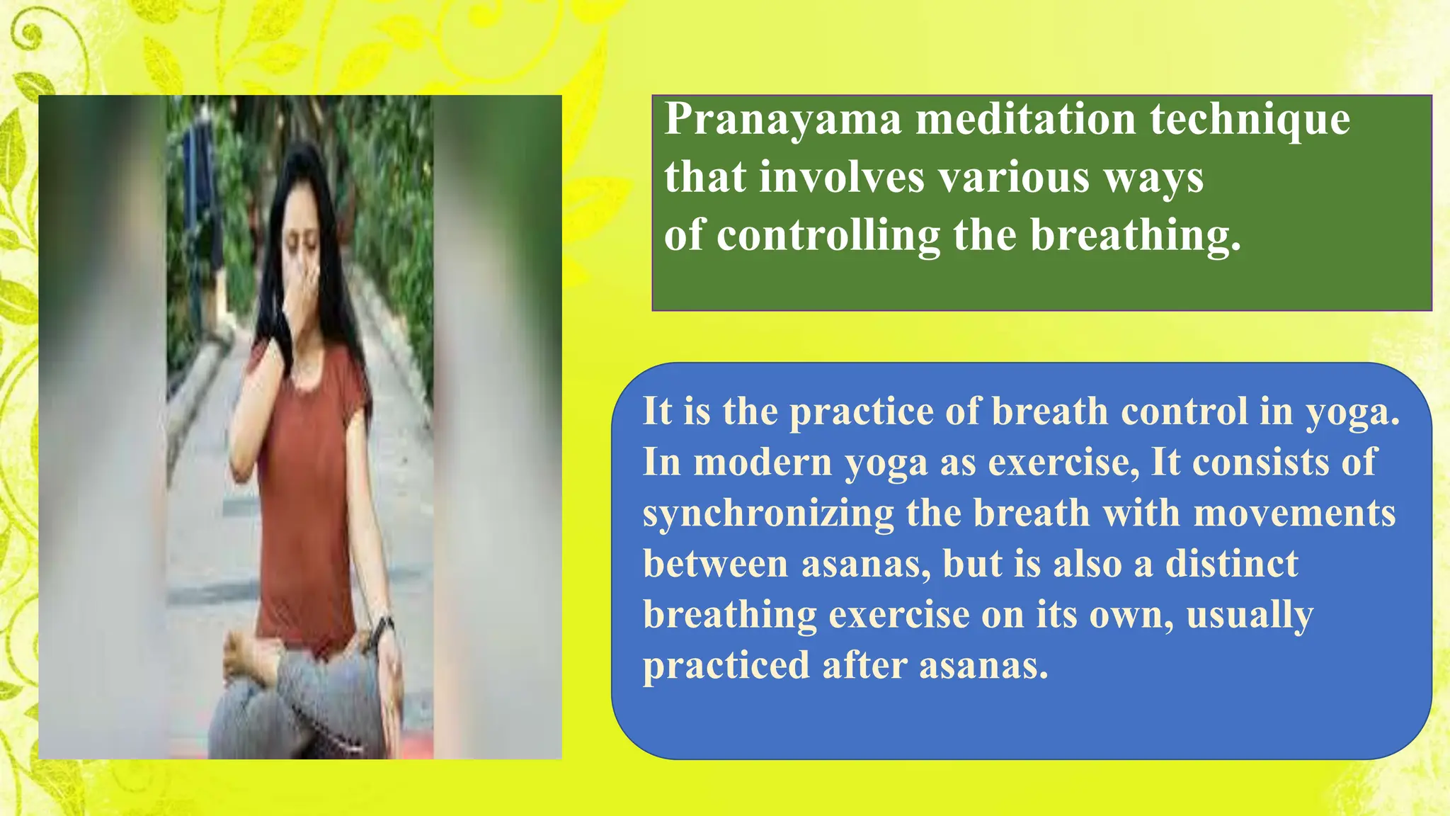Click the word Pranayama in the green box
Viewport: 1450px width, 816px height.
782,120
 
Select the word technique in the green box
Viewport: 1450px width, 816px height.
1250,120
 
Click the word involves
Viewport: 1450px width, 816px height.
842,177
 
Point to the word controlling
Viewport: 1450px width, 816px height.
828,235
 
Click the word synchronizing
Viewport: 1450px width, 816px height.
767,514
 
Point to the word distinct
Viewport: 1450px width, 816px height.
1231,564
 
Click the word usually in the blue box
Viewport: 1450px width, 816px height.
1249,615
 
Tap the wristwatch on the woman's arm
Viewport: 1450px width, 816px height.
384,626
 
